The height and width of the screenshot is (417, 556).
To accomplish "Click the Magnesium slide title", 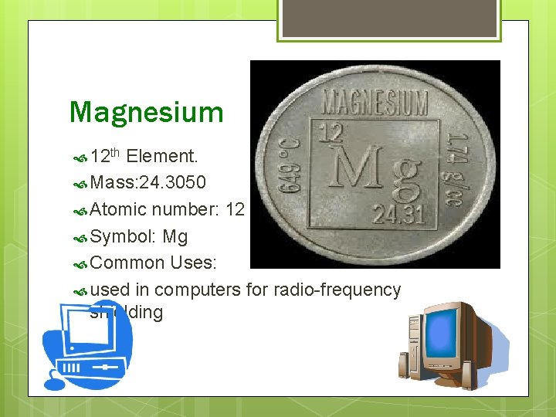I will (146, 112).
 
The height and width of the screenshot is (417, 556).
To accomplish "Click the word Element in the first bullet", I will (161, 157).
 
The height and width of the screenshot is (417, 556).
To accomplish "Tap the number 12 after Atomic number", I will (235, 209).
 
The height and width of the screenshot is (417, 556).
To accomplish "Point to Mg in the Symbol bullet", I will (175, 236).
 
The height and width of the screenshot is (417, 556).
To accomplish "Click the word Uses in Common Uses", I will (193, 263).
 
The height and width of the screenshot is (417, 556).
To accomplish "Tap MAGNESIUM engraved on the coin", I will (374, 101).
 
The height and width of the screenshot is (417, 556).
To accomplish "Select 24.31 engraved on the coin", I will (398, 214).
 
